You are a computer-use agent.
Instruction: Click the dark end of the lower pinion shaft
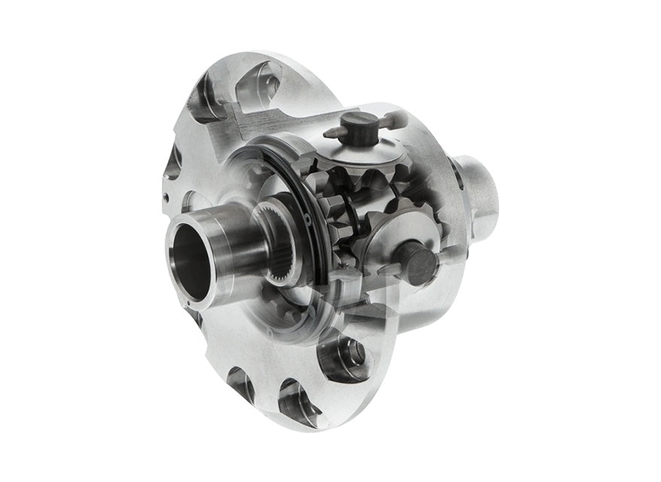coord(419,261)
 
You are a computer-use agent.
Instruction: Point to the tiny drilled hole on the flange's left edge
coord(165,198)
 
